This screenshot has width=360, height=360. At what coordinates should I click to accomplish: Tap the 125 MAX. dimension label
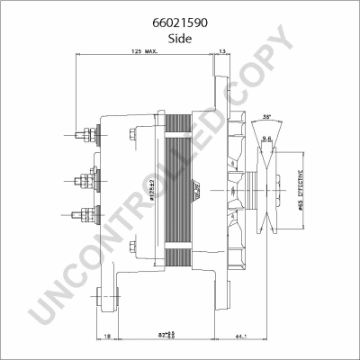pyautogui.click(x=145, y=52)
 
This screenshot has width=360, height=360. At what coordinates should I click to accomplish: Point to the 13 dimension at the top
pyautogui.click(x=222, y=52)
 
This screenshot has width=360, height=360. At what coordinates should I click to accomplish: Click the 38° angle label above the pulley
pyautogui.click(x=266, y=117)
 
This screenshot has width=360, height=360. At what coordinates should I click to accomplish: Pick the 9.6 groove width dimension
pyautogui.click(x=266, y=138)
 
